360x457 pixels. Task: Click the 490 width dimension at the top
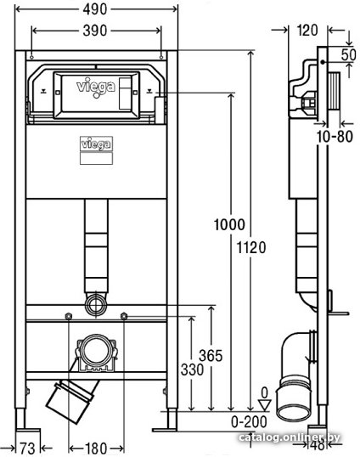click(95, 9)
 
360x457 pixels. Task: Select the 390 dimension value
click(95, 31)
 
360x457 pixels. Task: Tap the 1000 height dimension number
click(229, 225)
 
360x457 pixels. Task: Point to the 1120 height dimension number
click(251, 248)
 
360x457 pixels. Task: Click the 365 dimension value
click(211, 356)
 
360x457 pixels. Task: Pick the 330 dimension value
click(192, 370)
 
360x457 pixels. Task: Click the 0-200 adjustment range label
click(249, 421)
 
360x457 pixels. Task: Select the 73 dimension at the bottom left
click(27, 449)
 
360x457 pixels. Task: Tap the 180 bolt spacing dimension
click(96, 449)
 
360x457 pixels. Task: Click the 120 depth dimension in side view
click(307, 31)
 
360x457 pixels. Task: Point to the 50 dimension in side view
click(349, 54)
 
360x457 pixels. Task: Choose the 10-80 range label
click(335, 137)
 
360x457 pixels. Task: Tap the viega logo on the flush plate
click(96, 87)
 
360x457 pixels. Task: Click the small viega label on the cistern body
click(96, 144)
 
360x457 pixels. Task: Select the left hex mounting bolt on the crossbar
click(69, 316)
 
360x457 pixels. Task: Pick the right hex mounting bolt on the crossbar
click(124, 316)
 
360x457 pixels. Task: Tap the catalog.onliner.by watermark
click(290, 437)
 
